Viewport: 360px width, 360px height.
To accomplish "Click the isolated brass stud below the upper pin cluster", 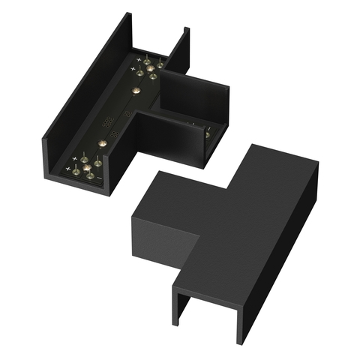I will tap(136, 90).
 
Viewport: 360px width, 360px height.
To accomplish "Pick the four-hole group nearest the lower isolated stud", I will tap(115, 133).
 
